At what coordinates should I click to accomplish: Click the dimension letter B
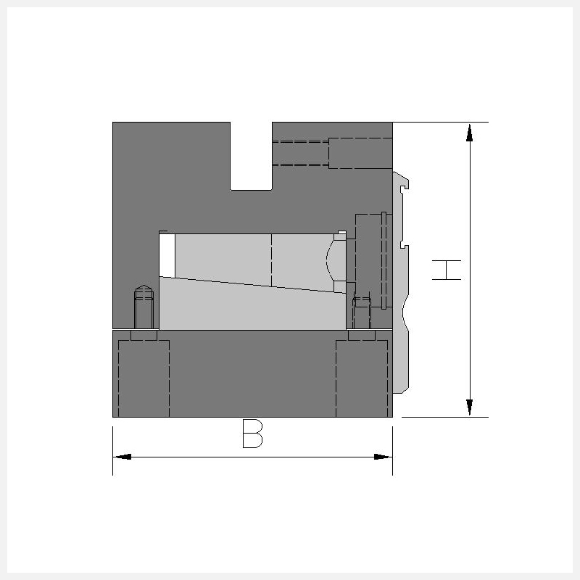tap(252, 434)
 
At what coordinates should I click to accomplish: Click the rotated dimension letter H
tap(447, 270)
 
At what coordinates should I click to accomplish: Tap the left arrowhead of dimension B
tap(122, 457)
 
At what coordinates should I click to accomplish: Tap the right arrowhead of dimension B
tap(384, 457)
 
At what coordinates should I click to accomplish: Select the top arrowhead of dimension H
tap(469, 133)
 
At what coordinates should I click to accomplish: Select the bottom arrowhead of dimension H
tap(469, 407)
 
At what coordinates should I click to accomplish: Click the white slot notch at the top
tap(251, 156)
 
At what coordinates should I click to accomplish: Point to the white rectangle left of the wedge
tap(167, 255)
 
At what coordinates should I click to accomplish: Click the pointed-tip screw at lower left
tap(144, 307)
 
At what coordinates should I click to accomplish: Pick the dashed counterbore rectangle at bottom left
tap(144, 378)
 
